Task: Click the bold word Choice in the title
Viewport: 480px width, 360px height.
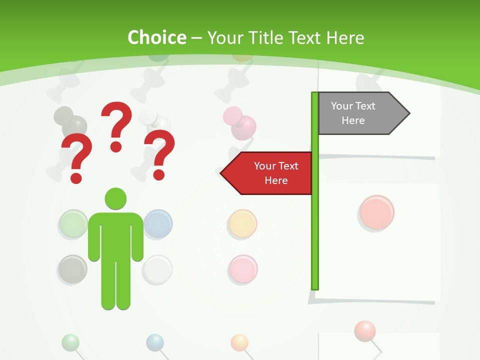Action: coord(156,37)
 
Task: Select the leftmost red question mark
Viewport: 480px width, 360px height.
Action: coord(76,157)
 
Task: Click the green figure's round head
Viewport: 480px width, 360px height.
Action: coord(115,198)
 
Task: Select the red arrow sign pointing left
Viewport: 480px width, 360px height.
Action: coord(267,173)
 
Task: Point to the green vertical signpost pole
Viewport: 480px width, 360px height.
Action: coord(315,225)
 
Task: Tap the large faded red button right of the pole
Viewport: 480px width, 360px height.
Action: coord(376,212)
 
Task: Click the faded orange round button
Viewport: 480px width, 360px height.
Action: coord(242,223)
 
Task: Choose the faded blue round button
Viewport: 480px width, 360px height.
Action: coord(159,223)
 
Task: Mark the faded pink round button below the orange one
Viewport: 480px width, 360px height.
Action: coord(242,268)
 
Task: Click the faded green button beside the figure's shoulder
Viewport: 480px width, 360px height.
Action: coord(73,223)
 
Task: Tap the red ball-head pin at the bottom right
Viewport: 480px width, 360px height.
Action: coord(364,330)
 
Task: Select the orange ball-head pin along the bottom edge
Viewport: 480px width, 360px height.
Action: coord(239,342)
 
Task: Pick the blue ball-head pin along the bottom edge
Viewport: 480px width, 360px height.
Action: coord(155,342)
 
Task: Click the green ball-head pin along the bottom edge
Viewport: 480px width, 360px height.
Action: coord(70,342)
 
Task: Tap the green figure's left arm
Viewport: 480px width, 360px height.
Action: coord(93,237)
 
